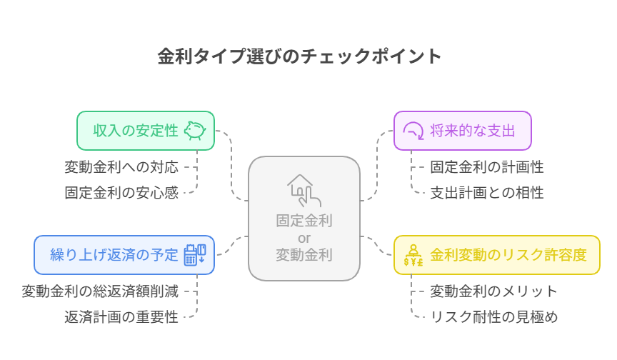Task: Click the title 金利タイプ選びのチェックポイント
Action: [x=299, y=56]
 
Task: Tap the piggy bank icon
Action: [x=195, y=131]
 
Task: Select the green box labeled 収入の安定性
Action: [x=146, y=131]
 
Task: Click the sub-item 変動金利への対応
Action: [x=121, y=167]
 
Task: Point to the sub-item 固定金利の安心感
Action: [x=121, y=193]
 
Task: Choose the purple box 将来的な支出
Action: [x=463, y=131]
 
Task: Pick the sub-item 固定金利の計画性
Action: [x=487, y=167]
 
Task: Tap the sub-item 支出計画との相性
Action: [x=487, y=193]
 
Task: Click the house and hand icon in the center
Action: [x=304, y=191]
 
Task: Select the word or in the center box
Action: [x=304, y=238]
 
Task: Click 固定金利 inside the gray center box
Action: [x=304, y=221]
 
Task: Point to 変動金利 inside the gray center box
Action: [x=304, y=255]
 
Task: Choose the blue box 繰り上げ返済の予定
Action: [x=124, y=255]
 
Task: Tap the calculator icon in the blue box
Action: [x=195, y=255]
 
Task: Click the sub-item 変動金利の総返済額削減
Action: [x=100, y=291]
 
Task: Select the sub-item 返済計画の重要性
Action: [x=121, y=317]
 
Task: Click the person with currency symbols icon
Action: [x=413, y=255]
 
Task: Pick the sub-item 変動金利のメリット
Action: [x=493, y=291]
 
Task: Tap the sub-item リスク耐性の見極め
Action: [x=494, y=317]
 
